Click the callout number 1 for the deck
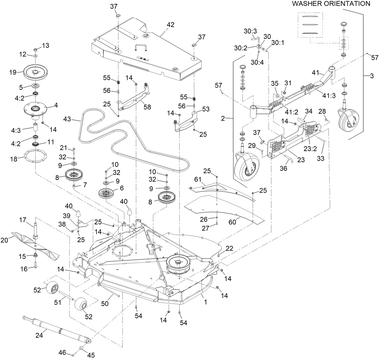click(x=205, y=301)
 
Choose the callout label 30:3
click(x=250, y=31)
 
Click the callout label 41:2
click(x=292, y=112)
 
